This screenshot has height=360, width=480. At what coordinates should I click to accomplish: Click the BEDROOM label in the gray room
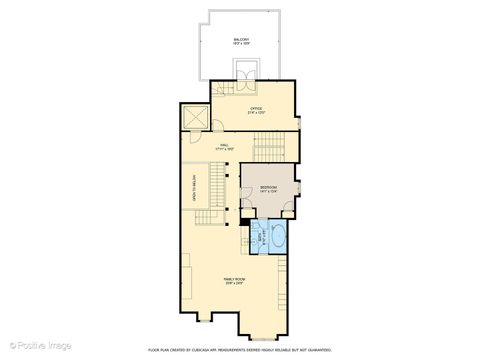[x=269, y=187]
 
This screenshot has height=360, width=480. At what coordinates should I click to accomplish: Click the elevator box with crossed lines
[x=194, y=118]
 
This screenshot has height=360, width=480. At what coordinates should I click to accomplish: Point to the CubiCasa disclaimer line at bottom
[x=239, y=349]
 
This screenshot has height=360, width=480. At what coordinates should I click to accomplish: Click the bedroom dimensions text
[x=269, y=193]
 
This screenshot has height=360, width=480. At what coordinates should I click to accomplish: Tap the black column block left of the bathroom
[x=241, y=227]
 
